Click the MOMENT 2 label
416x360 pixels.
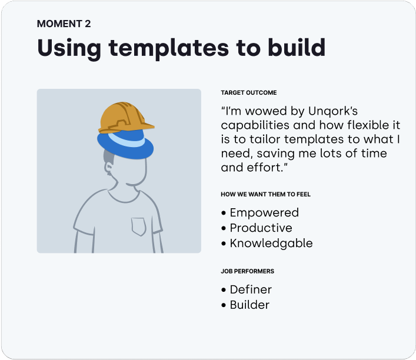pyautogui.click(x=64, y=24)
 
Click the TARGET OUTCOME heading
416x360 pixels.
pyautogui.click(x=248, y=93)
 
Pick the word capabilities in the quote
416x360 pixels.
pyautogui.click(x=256, y=125)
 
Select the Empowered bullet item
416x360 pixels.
pyautogui.click(x=264, y=213)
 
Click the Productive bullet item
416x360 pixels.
pyautogui.click(x=261, y=228)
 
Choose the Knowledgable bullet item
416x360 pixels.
pyautogui.click(x=271, y=244)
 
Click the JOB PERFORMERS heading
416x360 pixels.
pyautogui.click(x=247, y=272)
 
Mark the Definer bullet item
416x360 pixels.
pyautogui.click(x=251, y=289)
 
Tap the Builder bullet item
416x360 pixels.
pyautogui.click(x=249, y=305)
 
